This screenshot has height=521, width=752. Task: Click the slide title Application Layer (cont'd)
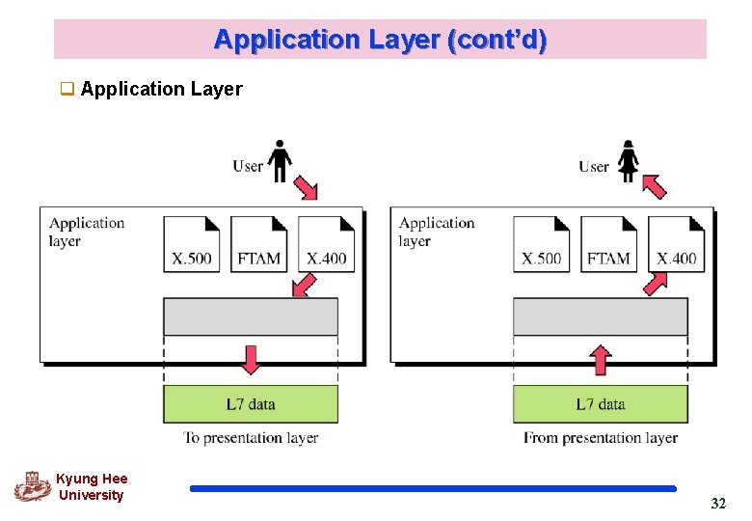coord(380,40)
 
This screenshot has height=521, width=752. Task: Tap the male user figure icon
coord(281,161)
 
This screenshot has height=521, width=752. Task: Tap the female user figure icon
coord(629,161)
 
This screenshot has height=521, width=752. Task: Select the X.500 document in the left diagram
coord(192,244)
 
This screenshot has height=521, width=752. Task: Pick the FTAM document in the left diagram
coord(258,244)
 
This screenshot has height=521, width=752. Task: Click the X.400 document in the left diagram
coord(326,244)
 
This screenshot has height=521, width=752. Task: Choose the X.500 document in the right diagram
coord(541,244)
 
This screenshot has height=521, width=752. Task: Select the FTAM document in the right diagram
coord(608,244)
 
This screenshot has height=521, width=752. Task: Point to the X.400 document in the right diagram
coord(676,244)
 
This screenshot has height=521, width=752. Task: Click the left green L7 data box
coord(251,404)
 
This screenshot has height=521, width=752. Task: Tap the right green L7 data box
coord(600,404)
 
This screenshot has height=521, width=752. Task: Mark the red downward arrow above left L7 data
coord(251,359)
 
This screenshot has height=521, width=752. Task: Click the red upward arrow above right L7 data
coord(600,360)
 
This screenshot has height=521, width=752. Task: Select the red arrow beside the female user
coord(655,185)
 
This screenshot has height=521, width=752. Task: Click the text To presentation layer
coord(251,438)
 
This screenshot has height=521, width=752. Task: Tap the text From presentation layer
coord(600,438)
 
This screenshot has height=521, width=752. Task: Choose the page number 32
coord(717,504)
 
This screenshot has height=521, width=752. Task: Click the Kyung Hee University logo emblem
coord(32,486)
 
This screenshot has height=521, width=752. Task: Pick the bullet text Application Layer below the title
coord(161,90)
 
